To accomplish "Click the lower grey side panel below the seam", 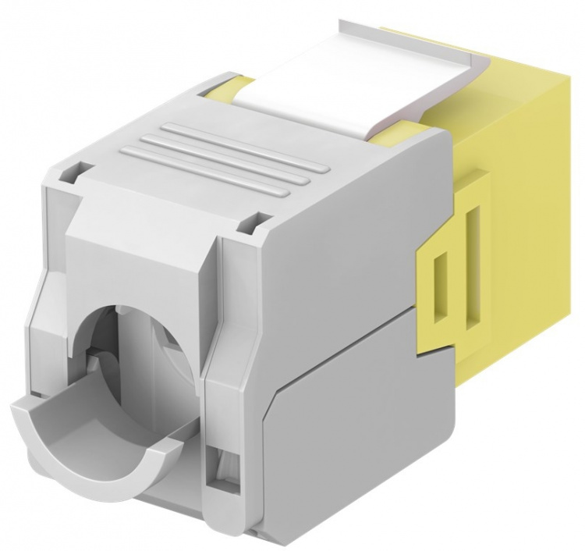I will click(x=343, y=445).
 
